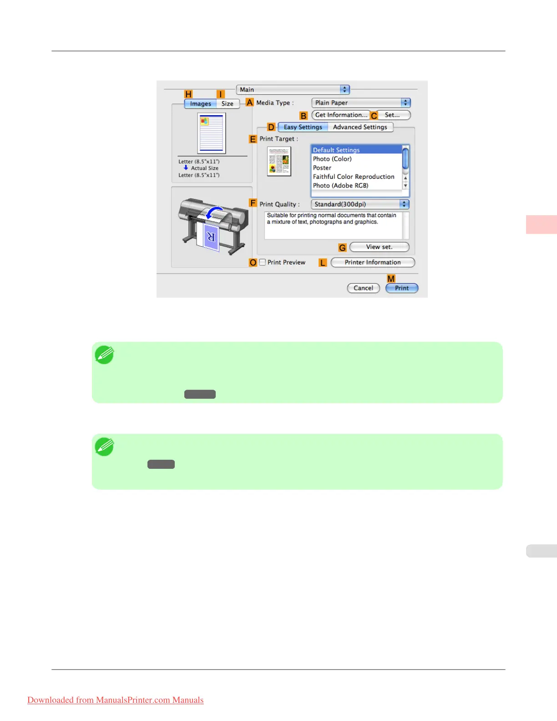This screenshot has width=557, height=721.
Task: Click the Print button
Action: point(401,288)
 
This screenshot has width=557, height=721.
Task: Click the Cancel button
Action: point(363,288)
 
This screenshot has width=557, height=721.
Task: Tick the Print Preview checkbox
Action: point(263,262)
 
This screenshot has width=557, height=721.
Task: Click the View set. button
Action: point(379,247)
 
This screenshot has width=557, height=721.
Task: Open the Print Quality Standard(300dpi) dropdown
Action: point(360,204)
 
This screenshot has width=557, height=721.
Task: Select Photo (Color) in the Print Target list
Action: point(332,159)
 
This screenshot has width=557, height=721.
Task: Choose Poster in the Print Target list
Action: point(322,168)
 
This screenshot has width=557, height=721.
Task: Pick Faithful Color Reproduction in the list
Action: point(354,177)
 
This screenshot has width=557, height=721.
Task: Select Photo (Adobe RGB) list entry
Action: point(340,186)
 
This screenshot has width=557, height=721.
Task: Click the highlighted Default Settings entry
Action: point(336,150)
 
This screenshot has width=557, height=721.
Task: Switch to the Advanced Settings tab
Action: point(360,127)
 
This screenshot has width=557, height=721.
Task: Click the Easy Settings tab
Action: point(303,127)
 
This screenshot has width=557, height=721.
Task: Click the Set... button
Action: point(392,115)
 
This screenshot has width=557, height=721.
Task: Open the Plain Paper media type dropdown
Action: point(361,103)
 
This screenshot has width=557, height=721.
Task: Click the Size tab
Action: point(228,104)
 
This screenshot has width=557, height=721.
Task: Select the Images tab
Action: point(201,104)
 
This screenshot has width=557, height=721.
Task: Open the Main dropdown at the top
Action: point(293,90)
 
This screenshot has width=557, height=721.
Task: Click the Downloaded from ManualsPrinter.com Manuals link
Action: point(116,700)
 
